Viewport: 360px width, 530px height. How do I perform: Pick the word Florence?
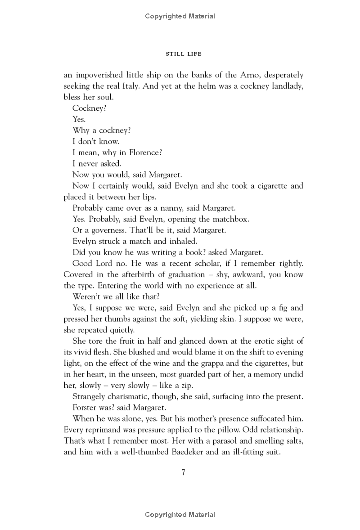145,153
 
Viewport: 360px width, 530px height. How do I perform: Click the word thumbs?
118,319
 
